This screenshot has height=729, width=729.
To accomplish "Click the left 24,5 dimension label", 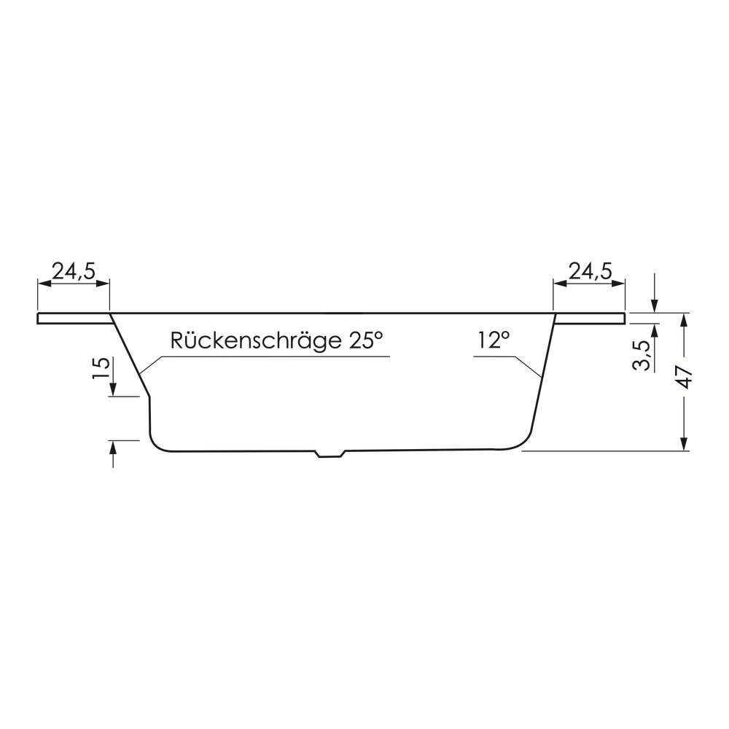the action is point(73,271).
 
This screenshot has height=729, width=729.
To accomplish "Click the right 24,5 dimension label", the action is point(590,271).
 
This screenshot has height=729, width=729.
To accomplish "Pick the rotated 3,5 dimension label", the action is point(642,355).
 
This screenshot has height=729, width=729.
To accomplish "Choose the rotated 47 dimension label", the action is point(686,377).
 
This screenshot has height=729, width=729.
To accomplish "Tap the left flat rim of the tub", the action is point(74,318).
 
